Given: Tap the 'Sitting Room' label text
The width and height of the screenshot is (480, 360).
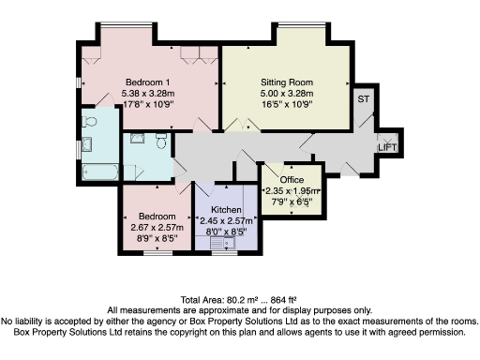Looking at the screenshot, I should [286, 82].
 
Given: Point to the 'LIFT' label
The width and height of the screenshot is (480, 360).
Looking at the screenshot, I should [386, 147].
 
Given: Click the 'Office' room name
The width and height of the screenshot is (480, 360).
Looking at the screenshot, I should [292, 179].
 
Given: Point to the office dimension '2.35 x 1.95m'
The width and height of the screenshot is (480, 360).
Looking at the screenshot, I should [292, 190].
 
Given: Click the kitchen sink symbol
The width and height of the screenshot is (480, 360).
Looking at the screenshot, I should [229, 243].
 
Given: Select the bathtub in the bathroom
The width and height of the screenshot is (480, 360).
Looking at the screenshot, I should [98, 173].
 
